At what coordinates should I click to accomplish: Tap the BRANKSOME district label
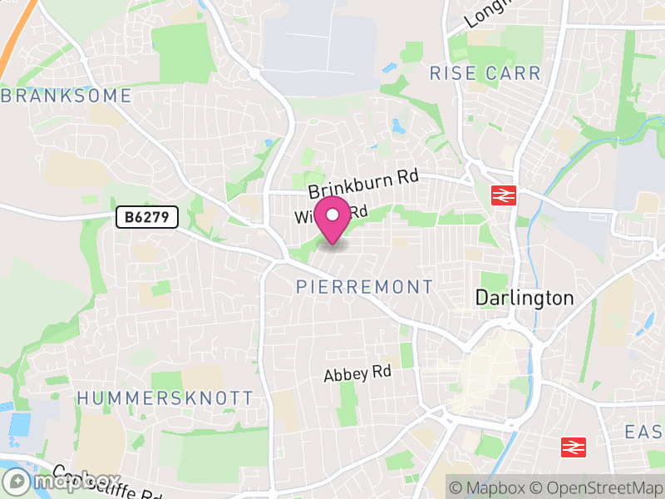coord(66,96)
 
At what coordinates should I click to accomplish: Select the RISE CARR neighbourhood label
coord(485,73)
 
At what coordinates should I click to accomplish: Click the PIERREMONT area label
coord(365,287)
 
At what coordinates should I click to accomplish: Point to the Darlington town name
coord(524,298)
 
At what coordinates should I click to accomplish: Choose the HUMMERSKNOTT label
coord(165,398)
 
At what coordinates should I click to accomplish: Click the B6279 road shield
coord(146,218)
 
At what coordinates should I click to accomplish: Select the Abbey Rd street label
coord(357,374)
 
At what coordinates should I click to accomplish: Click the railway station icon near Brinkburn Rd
coord(504,195)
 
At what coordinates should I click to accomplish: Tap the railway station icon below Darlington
coord(573,447)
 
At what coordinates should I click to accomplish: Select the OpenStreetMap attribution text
coord(595,487)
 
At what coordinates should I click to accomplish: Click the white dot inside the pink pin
coord(333,215)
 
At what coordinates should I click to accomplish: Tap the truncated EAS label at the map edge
coord(644,432)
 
